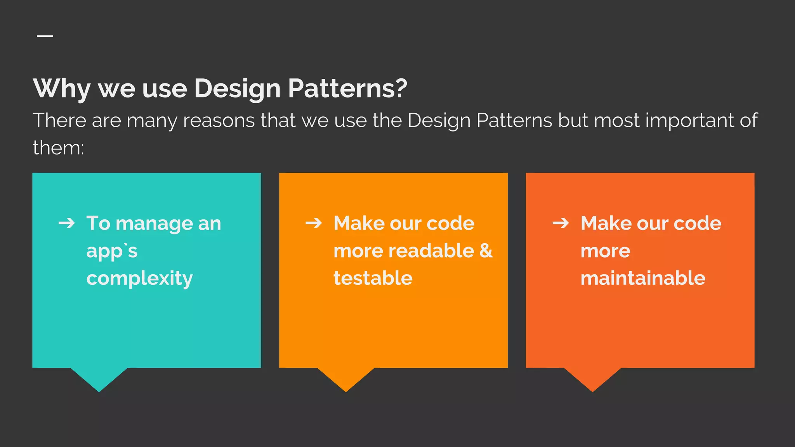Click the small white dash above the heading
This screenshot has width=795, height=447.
45,36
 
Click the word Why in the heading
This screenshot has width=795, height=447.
62,88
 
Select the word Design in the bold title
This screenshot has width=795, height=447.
237,88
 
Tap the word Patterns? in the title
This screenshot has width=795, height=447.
347,88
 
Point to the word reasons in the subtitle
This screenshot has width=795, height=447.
219,120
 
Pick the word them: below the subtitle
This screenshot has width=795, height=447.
58,148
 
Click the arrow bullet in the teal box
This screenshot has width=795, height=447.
67,223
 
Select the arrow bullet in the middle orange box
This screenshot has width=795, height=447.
314,223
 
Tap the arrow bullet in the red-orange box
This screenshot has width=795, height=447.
561,223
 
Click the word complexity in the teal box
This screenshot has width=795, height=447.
139,279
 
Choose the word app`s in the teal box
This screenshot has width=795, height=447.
112,251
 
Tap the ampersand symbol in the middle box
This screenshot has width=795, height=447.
486,251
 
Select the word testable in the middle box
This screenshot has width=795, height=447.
373,278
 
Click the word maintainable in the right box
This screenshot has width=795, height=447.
643,278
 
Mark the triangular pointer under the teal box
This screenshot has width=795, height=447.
99,378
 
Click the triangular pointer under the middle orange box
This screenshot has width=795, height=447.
345,378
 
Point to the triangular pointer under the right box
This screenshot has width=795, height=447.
592,378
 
